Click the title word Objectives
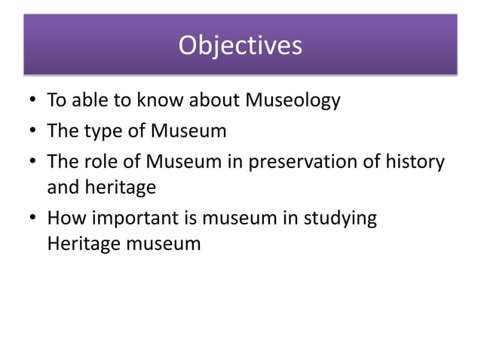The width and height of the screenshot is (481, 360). coord(240,46)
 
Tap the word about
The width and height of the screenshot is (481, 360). coord(212,100)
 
